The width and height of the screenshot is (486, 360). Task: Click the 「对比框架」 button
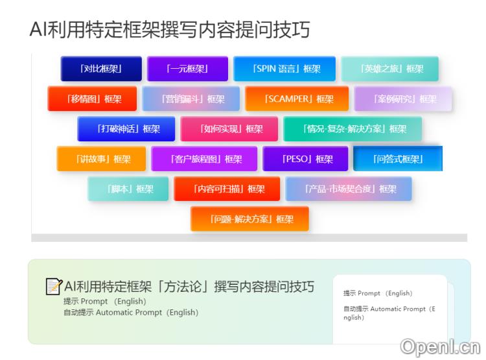pyautogui.click(x=101, y=69)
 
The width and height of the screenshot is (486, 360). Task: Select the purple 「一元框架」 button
pyautogui.click(x=187, y=69)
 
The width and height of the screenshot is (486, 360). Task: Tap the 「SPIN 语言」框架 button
pyautogui.click(x=284, y=69)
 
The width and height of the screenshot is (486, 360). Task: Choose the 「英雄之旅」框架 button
pyautogui.click(x=389, y=69)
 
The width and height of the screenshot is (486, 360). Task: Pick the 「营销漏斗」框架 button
pyautogui.click(x=191, y=99)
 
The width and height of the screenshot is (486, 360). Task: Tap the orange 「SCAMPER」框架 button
pyautogui.click(x=297, y=99)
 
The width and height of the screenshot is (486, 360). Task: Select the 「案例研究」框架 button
pyautogui.click(x=402, y=99)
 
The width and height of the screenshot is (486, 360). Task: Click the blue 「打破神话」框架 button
pyautogui.click(x=126, y=129)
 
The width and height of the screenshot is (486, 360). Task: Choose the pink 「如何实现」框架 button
pyautogui.click(x=229, y=129)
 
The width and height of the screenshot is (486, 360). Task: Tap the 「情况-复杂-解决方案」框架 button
pyautogui.click(x=353, y=129)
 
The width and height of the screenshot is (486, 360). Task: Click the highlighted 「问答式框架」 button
pyautogui.click(x=397, y=159)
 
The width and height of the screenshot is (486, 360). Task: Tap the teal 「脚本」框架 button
pyautogui.click(x=128, y=189)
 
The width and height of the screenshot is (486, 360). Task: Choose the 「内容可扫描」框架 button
pyautogui.click(x=227, y=189)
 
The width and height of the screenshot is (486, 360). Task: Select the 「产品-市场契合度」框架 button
pyautogui.click(x=349, y=189)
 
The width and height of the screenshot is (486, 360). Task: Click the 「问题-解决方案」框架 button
pyautogui.click(x=249, y=219)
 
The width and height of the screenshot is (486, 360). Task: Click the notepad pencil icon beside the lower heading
pyautogui.click(x=54, y=286)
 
